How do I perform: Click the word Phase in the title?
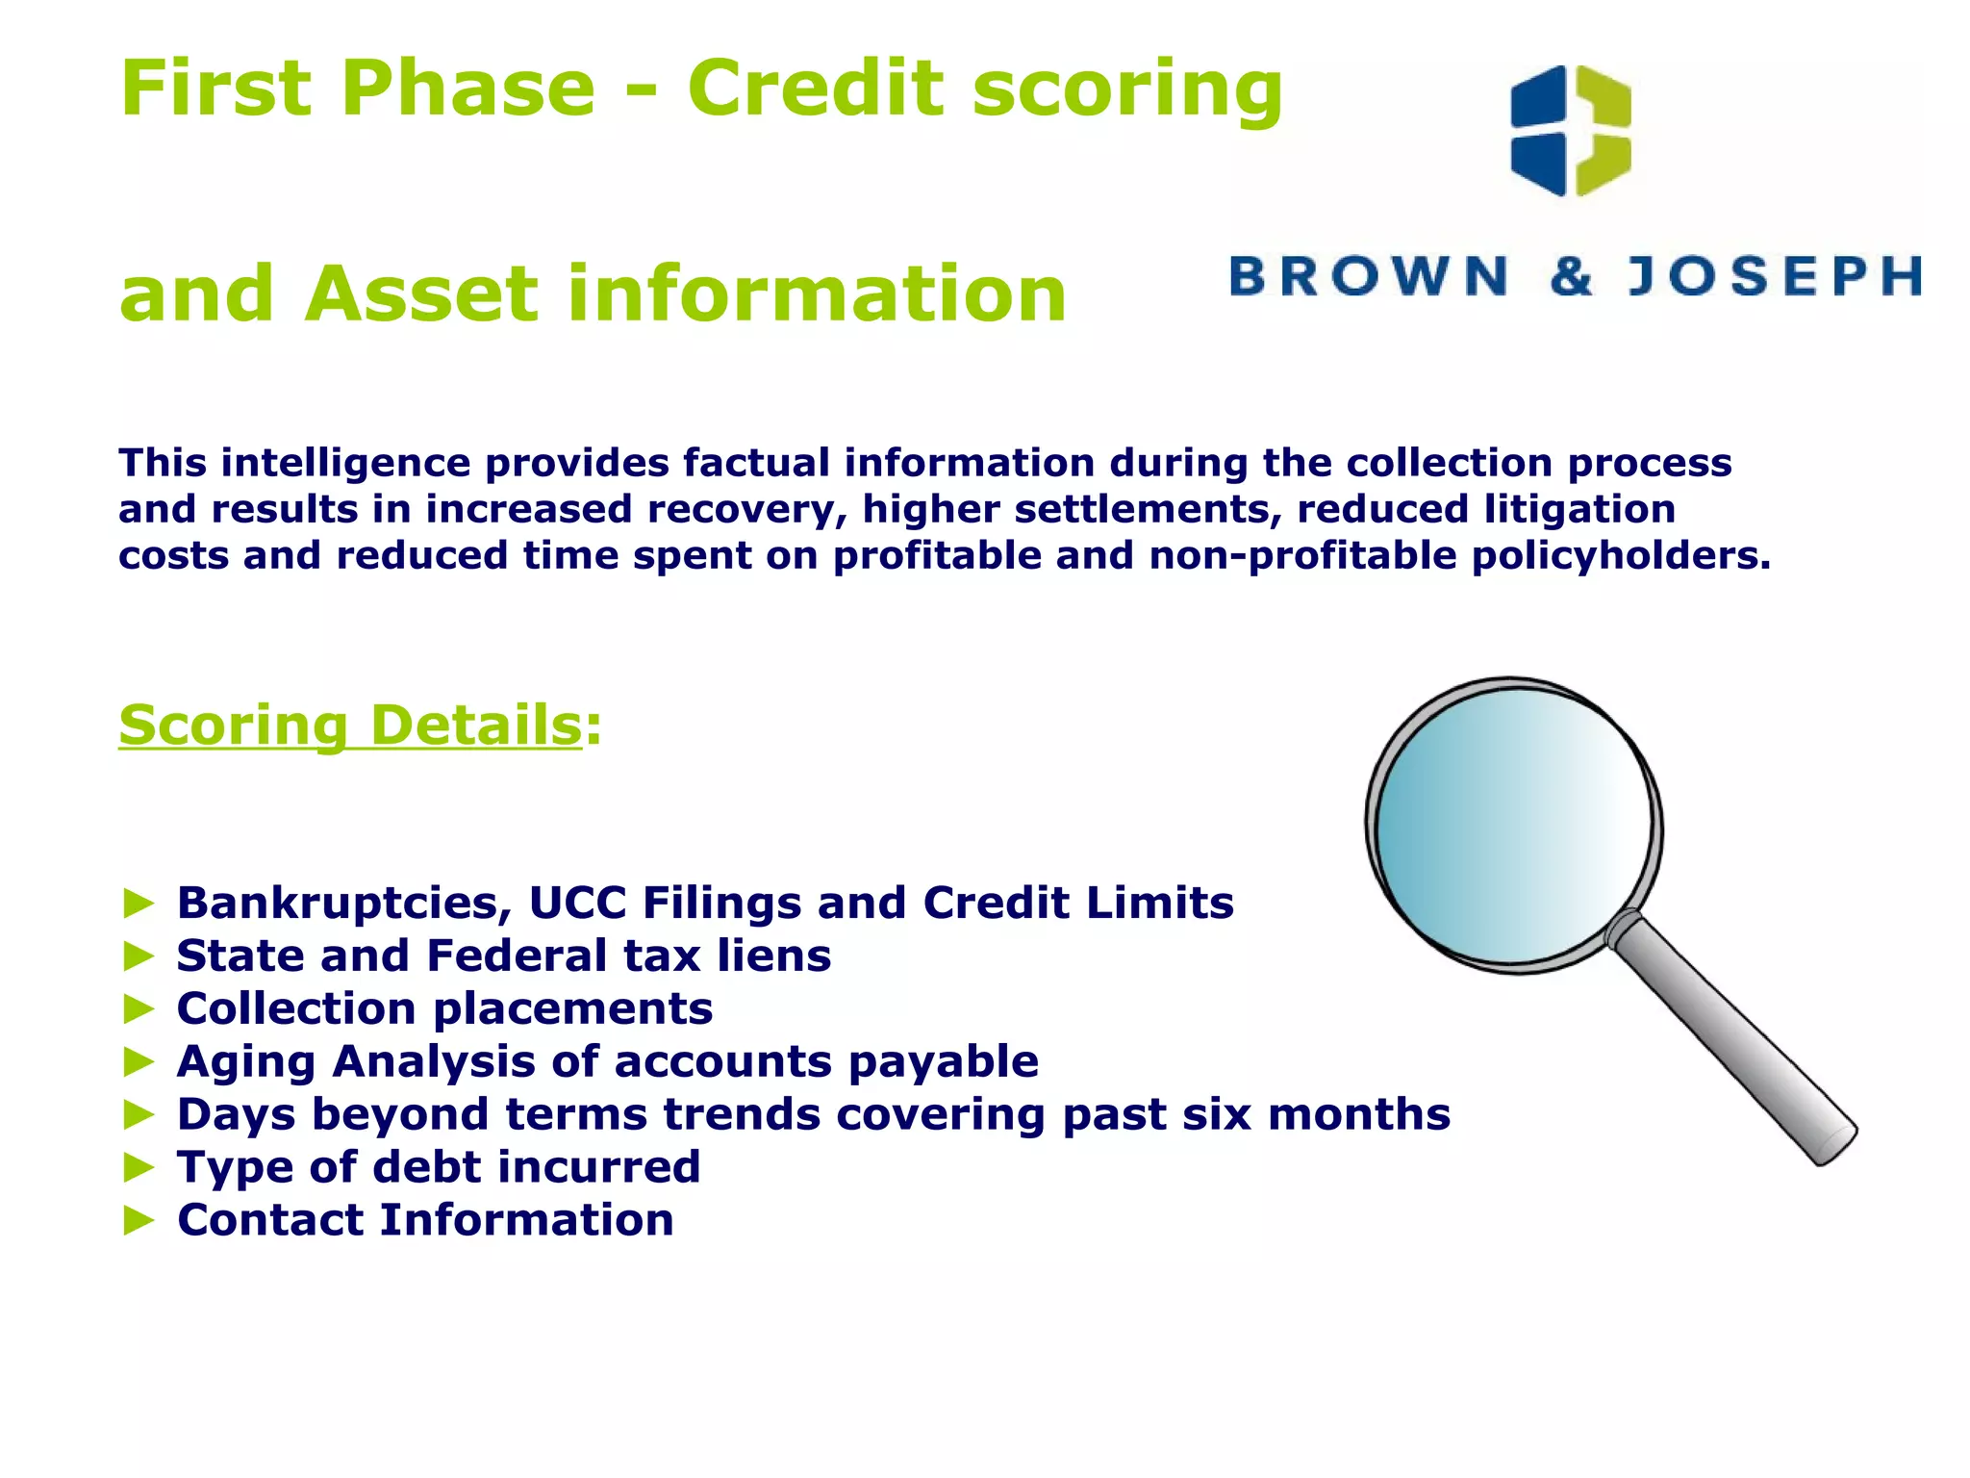pyautogui.click(x=467, y=89)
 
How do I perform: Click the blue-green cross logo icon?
pyautogui.click(x=1571, y=131)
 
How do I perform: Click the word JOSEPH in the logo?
pyautogui.click(x=1775, y=277)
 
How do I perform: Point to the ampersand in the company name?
pyautogui.click(x=1571, y=277)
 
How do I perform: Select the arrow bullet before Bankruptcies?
pyautogui.click(x=139, y=904)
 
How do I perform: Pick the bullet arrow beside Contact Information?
pyautogui.click(x=139, y=1221)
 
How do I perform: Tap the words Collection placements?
pyautogui.click(x=444, y=1009)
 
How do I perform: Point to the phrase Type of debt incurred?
pyautogui.click(x=439, y=1168)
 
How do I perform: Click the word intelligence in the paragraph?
pyautogui.click(x=344, y=464)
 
